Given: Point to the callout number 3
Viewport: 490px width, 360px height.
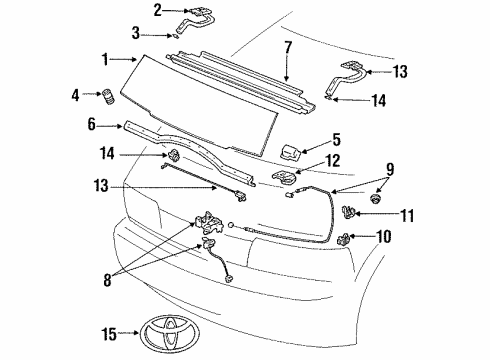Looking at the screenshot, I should (149, 34).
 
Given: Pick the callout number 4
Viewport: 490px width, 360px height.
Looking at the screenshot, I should (76, 96).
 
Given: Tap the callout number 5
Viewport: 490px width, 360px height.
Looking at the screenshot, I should (337, 141).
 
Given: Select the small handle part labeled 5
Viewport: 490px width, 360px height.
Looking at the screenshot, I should (289, 151).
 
